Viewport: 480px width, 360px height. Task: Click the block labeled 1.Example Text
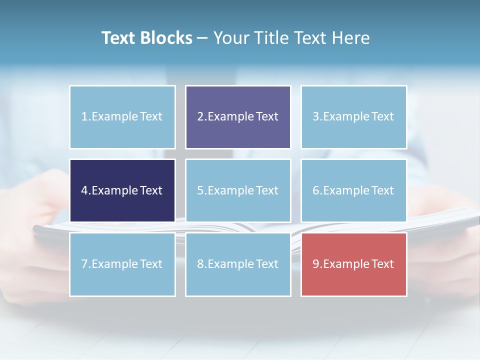click(122, 117)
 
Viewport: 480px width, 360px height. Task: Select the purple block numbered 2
click(238, 117)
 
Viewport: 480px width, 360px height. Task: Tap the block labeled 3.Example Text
click(353, 117)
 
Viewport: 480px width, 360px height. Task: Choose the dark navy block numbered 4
click(122, 190)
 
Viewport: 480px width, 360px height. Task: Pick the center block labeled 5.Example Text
click(238, 190)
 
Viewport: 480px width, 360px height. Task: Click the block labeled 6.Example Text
click(353, 190)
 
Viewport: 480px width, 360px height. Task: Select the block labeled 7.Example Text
click(122, 264)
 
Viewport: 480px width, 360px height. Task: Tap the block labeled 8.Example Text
click(238, 264)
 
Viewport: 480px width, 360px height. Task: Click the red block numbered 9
click(353, 264)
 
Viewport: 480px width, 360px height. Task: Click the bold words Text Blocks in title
click(147, 38)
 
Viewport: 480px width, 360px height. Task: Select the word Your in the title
click(230, 38)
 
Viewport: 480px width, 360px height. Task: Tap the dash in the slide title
click(202, 38)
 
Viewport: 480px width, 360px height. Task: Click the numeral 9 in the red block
click(316, 264)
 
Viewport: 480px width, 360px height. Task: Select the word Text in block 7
click(151, 264)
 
